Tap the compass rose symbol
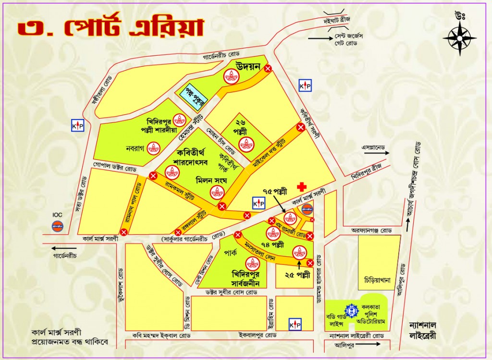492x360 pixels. tap(459, 37)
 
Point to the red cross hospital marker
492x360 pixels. tap(302, 186)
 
